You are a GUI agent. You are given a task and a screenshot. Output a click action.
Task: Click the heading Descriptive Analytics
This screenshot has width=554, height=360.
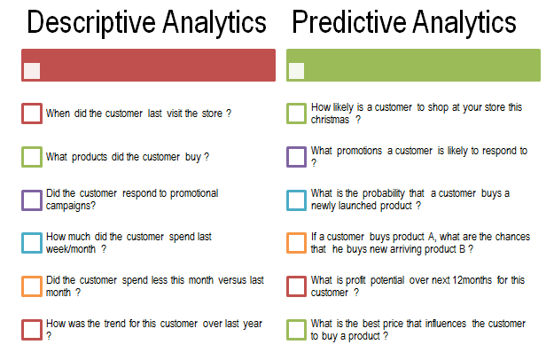pyautogui.click(x=146, y=22)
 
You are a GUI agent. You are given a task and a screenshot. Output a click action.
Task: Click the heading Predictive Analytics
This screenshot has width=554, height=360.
pyautogui.click(x=404, y=22)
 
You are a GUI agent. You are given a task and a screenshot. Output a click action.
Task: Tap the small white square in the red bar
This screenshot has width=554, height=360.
pyautogui.click(x=32, y=71)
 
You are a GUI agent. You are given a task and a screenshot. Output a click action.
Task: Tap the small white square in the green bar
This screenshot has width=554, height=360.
pyautogui.click(x=296, y=71)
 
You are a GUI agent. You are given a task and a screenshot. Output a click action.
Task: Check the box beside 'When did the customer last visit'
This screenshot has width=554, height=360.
pyautogui.click(x=32, y=113)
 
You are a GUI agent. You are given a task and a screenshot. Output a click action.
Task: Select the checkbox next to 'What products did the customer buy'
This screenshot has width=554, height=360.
pyautogui.click(x=32, y=157)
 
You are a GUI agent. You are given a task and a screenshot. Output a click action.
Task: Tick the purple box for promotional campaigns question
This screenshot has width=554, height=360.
pyautogui.click(x=32, y=200)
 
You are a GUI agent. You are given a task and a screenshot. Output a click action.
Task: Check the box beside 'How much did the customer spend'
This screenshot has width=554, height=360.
pyautogui.click(x=32, y=243)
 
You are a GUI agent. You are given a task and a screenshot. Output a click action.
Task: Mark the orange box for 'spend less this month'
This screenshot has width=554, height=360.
pyautogui.click(x=32, y=286)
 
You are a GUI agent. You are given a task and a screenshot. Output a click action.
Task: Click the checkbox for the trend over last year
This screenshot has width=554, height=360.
pyautogui.click(x=32, y=330)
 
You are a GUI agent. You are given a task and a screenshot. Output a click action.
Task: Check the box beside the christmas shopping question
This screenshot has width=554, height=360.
pyautogui.click(x=296, y=113)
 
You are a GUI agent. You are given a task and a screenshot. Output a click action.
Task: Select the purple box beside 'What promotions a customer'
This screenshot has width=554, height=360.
pyautogui.click(x=296, y=157)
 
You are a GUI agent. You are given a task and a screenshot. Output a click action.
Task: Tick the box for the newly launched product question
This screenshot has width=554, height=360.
pyautogui.click(x=296, y=200)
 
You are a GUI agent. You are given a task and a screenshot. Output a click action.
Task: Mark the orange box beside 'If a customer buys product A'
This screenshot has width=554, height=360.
pyautogui.click(x=296, y=243)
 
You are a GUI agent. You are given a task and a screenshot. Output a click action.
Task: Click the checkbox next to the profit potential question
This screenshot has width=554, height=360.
pyautogui.click(x=296, y=286)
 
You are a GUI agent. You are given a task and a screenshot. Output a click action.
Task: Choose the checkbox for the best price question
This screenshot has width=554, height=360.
pyautogui.click(x=296, y=330)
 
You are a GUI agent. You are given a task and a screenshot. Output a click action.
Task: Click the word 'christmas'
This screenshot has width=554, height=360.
pyautogui.click(x=331, y=119)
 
